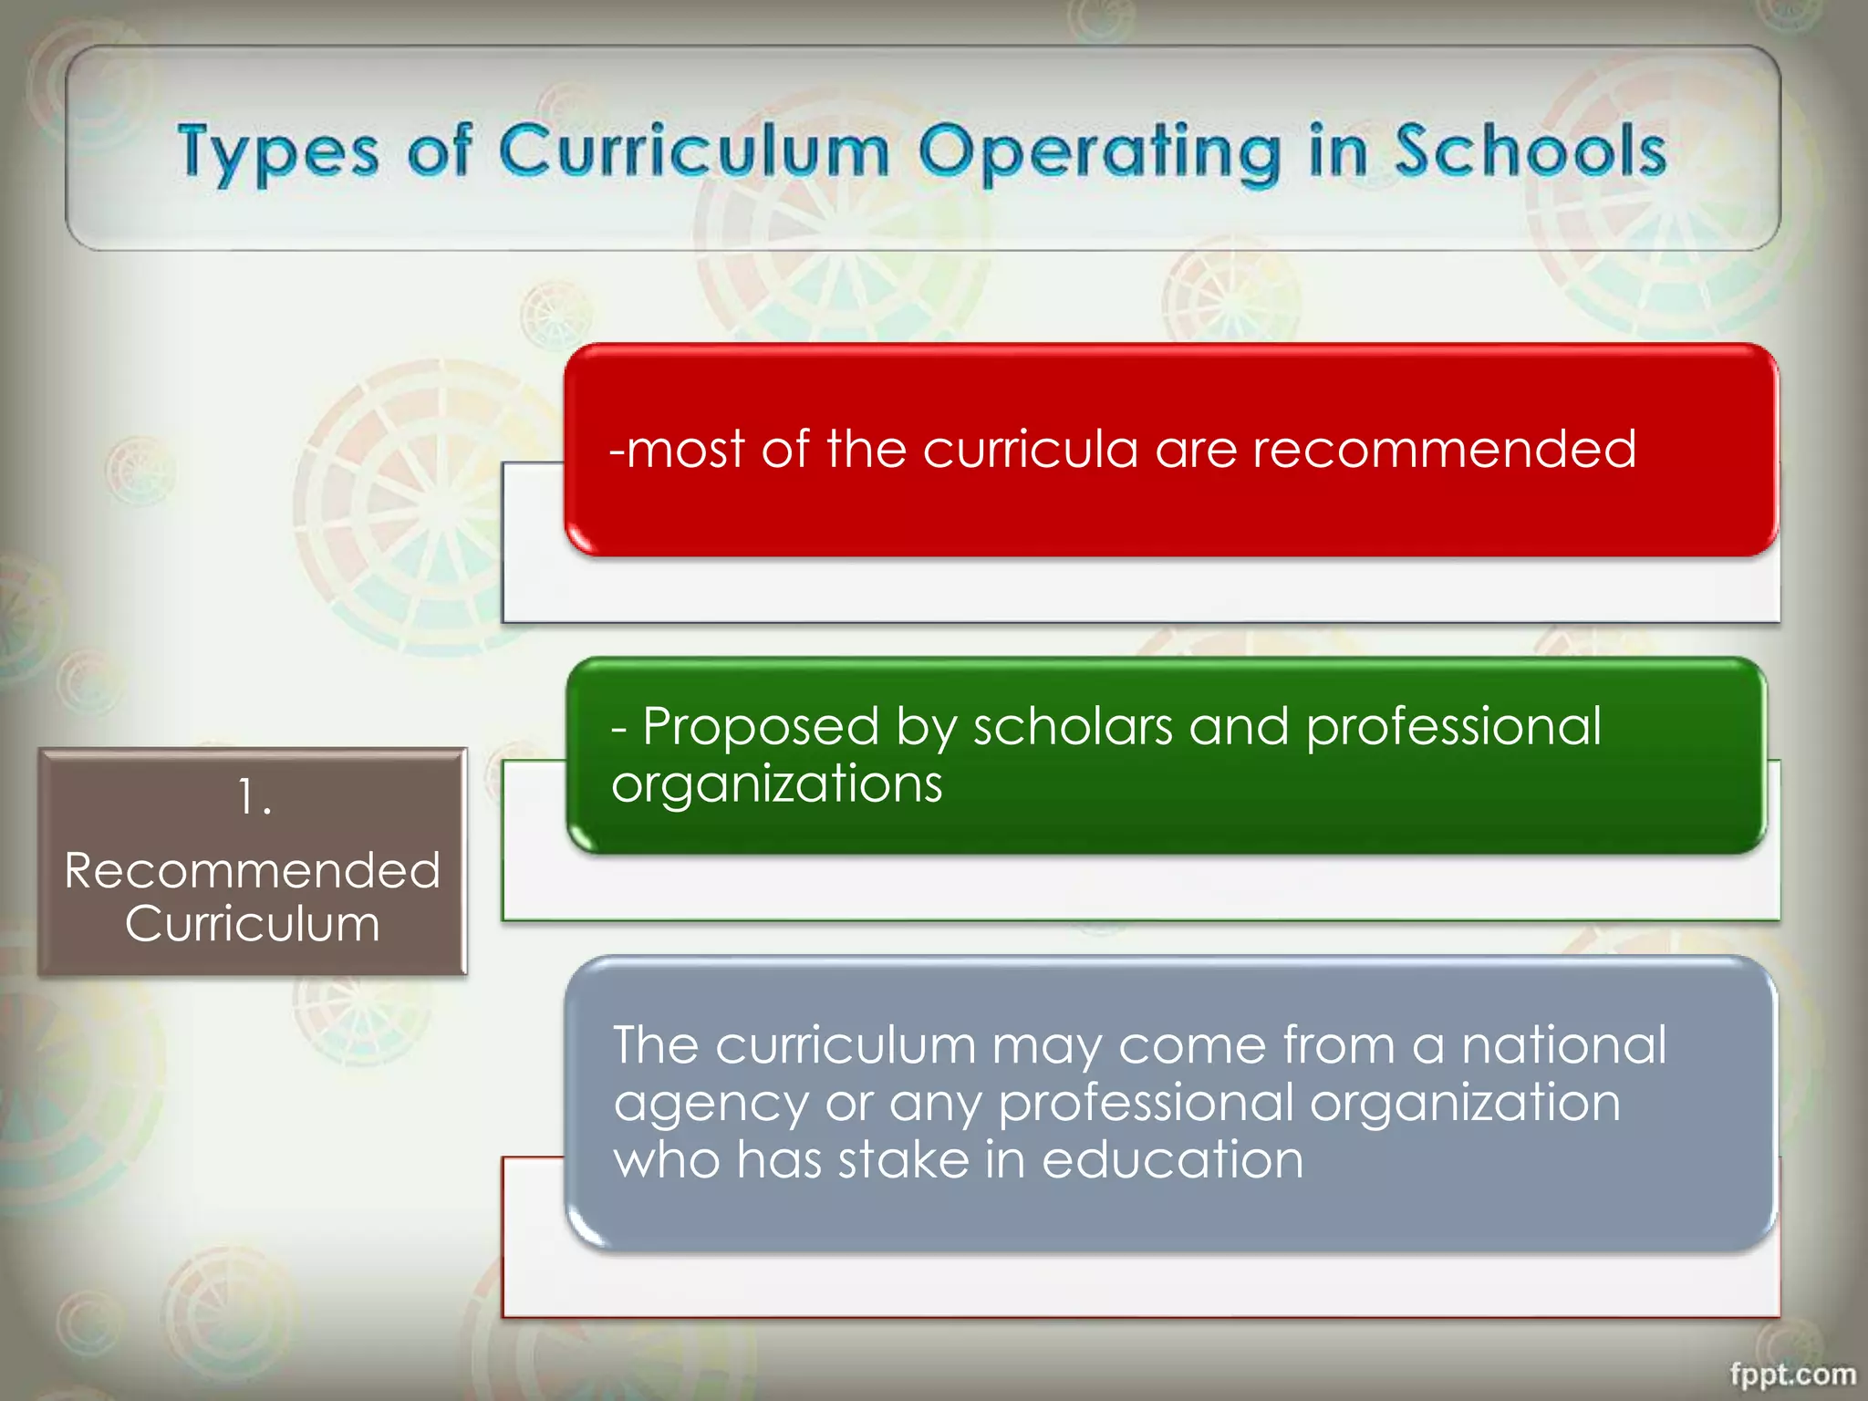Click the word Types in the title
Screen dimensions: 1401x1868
(278, 152)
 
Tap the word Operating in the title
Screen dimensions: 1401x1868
(1099, 152)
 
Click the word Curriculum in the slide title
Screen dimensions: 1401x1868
(693, 150)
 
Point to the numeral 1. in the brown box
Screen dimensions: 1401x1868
(254, 797)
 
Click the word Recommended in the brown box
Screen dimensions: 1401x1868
(253, 870)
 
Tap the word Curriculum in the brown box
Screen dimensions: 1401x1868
(253, 924)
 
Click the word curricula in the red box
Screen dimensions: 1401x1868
(1031, 450)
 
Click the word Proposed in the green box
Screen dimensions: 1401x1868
(761, 728)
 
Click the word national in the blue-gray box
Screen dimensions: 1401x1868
(1563, 1045)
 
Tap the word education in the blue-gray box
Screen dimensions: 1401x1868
(1172, 1160)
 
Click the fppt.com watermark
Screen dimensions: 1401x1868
(1792, 1374)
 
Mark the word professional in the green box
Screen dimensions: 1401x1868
(1453, 728)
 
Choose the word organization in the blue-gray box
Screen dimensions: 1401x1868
(1465, 1104)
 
